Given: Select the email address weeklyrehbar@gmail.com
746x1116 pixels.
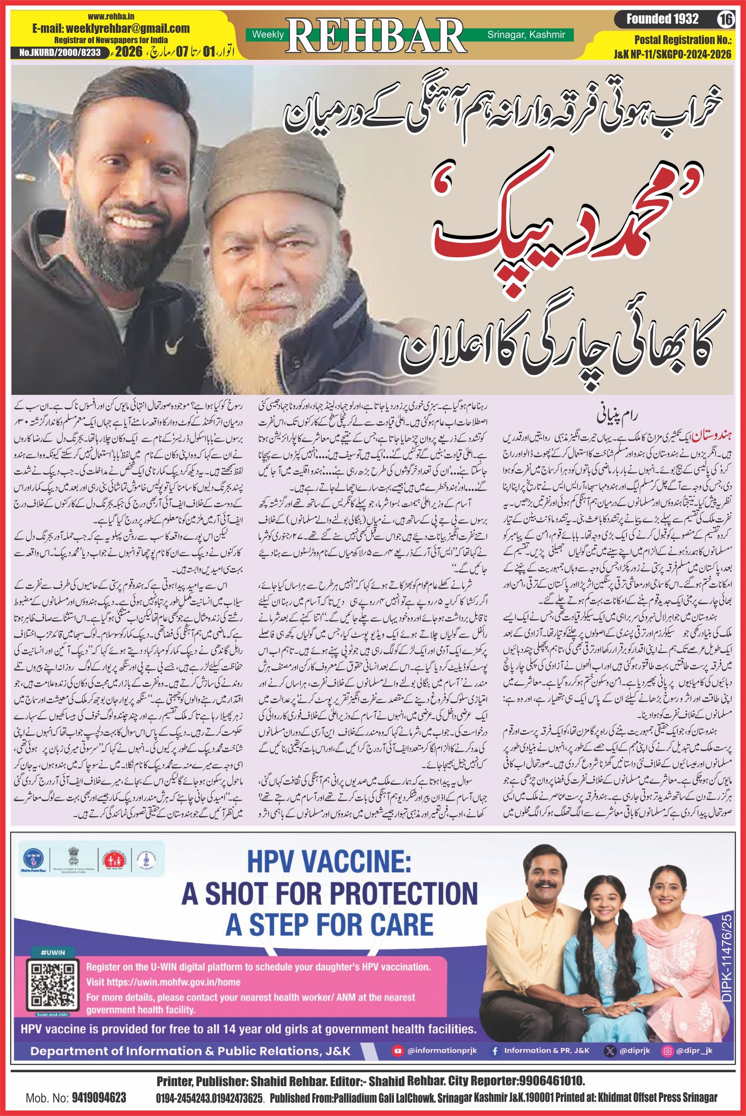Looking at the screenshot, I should [111, 28].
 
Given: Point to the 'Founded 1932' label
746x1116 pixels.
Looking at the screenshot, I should [662, 19].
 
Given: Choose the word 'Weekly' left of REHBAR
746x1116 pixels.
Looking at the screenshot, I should [267, 34].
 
